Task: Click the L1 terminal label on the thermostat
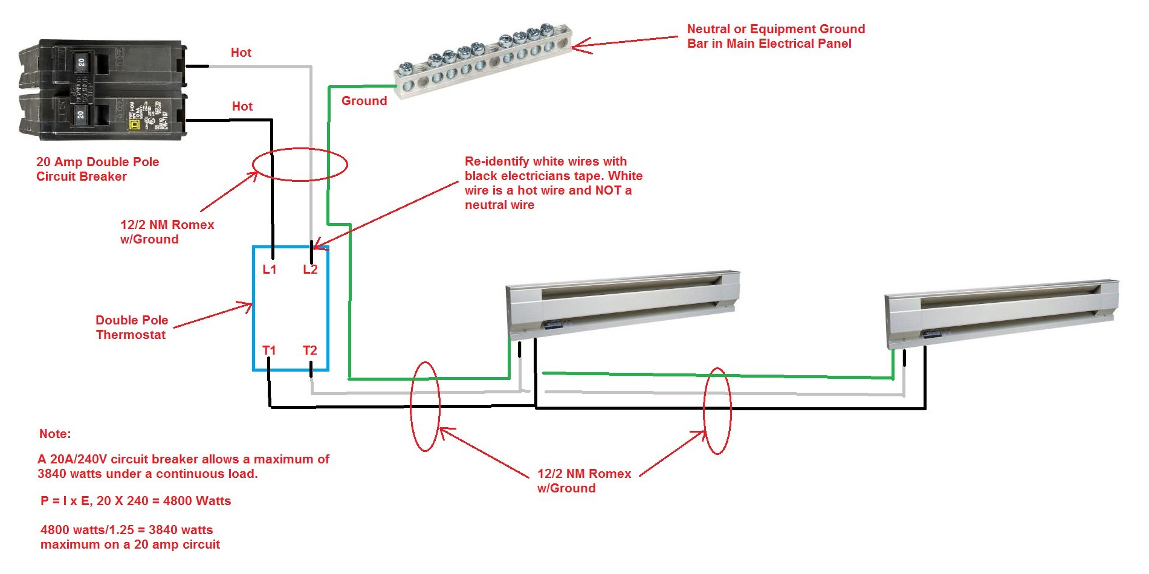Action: coord(269,269)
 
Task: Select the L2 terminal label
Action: coord(310,269)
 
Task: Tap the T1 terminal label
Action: coord(269,350)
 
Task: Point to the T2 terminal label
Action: coord(309,350)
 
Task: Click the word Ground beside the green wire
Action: coord(364,101)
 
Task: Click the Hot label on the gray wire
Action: coord(241,53)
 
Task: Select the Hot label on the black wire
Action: coord(242,106)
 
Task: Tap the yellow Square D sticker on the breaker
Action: coord(134,124)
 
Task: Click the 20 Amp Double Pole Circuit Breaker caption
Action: coord(97,169)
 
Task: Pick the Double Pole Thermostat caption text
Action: coord(131,327)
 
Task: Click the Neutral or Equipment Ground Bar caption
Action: coord(775,36)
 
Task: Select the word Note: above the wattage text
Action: coord(55,434)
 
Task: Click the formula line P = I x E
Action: coord(135,501)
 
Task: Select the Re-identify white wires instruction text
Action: coord(553,183)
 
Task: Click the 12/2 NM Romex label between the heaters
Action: coord(584,481)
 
